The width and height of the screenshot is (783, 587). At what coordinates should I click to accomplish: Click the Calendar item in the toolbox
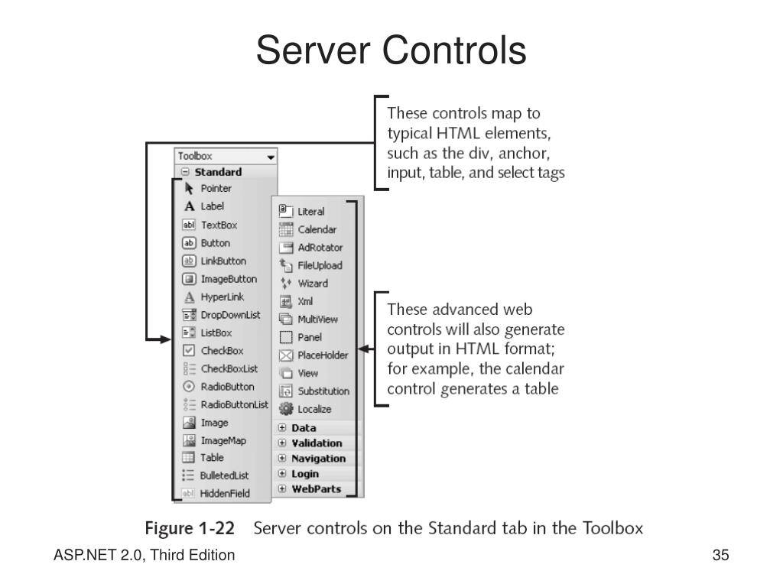[317, 229]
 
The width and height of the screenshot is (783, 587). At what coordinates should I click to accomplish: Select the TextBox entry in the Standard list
[219, 225]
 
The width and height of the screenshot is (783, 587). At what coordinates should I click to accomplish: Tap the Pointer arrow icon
[189, 188]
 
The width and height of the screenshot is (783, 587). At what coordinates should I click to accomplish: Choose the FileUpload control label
[320, 265]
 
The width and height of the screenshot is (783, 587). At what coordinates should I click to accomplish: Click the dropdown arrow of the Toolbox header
[270, 157]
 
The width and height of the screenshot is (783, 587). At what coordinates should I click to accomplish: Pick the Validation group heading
[317, 443]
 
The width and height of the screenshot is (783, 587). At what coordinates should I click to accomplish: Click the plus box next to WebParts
[282, 489]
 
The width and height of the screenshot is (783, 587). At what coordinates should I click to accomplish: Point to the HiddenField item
[225, 494]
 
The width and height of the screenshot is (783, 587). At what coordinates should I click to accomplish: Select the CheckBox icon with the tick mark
[189, 351]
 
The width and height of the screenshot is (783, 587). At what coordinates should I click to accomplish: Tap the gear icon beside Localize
[286, 409]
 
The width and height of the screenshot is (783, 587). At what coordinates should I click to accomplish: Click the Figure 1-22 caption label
[190, 528]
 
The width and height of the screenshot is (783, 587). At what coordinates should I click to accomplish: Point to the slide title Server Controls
[391, 51]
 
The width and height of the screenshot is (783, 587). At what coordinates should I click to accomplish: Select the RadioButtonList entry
[234, 404]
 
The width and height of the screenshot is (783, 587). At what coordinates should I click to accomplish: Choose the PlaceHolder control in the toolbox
[323, 355]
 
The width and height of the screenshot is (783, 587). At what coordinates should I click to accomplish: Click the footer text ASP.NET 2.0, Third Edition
[144, 556]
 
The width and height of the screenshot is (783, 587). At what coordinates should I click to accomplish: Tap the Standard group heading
[218, 172]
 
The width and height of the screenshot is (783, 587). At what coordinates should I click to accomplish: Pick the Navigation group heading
[318, 459]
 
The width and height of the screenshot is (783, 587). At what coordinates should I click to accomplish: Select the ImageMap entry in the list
[223, 440]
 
